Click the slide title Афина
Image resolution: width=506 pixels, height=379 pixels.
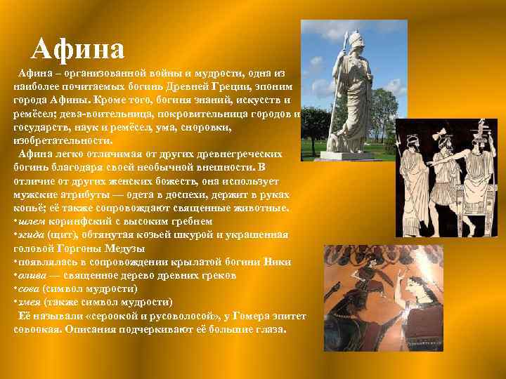tap(78, 48)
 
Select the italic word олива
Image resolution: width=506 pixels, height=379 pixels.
tap(33, 276)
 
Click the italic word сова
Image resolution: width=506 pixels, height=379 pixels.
tap(30, 289)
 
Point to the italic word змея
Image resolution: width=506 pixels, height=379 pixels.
tap(31, 302)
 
